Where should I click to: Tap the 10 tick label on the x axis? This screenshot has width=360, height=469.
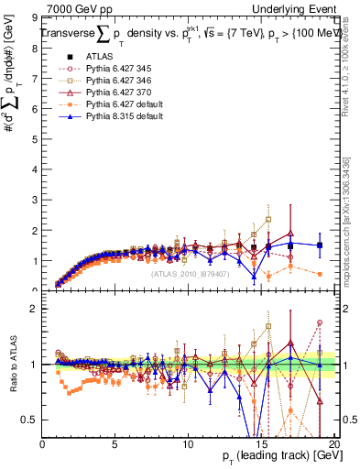tap(187, 444)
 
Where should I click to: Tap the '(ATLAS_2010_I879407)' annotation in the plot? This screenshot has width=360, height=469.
tap(189, 273)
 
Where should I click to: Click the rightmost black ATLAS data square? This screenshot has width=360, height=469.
tap(319, 245)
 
